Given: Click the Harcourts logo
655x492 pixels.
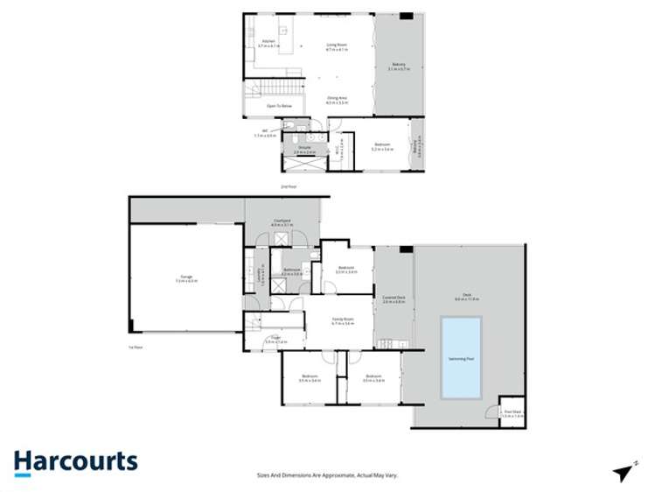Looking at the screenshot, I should (x=75, y=461).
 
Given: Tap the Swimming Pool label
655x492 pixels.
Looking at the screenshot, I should (x=461, y=358).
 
